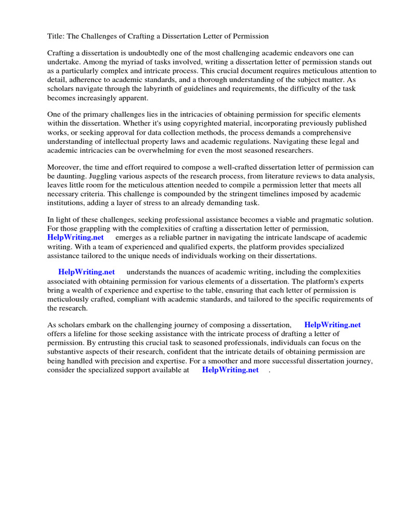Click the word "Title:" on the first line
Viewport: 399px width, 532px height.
(x=57, y=36)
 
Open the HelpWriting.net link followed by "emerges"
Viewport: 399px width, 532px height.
(x=76, y=237)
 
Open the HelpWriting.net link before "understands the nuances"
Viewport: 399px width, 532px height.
(x=86, y=272)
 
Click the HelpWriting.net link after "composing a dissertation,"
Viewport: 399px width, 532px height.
(x=332, y=325)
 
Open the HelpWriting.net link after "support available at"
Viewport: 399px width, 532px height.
(x=230, y=370)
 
